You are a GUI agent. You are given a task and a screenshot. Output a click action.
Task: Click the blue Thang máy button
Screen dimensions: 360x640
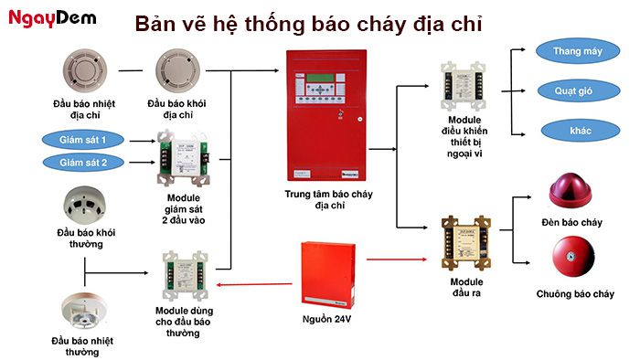tap(578, 51)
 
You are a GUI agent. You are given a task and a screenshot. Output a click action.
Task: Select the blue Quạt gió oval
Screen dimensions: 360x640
tap(578, 91)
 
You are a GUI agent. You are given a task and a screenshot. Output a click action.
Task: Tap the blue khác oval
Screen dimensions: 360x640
tap(578, 130)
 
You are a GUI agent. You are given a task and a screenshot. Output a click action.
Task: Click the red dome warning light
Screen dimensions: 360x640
tap(572, 189)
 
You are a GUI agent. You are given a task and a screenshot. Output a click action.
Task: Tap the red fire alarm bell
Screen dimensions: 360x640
tap(572, 257)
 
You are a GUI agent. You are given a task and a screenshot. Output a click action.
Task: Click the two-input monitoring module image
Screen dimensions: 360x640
tap(184, 159)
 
